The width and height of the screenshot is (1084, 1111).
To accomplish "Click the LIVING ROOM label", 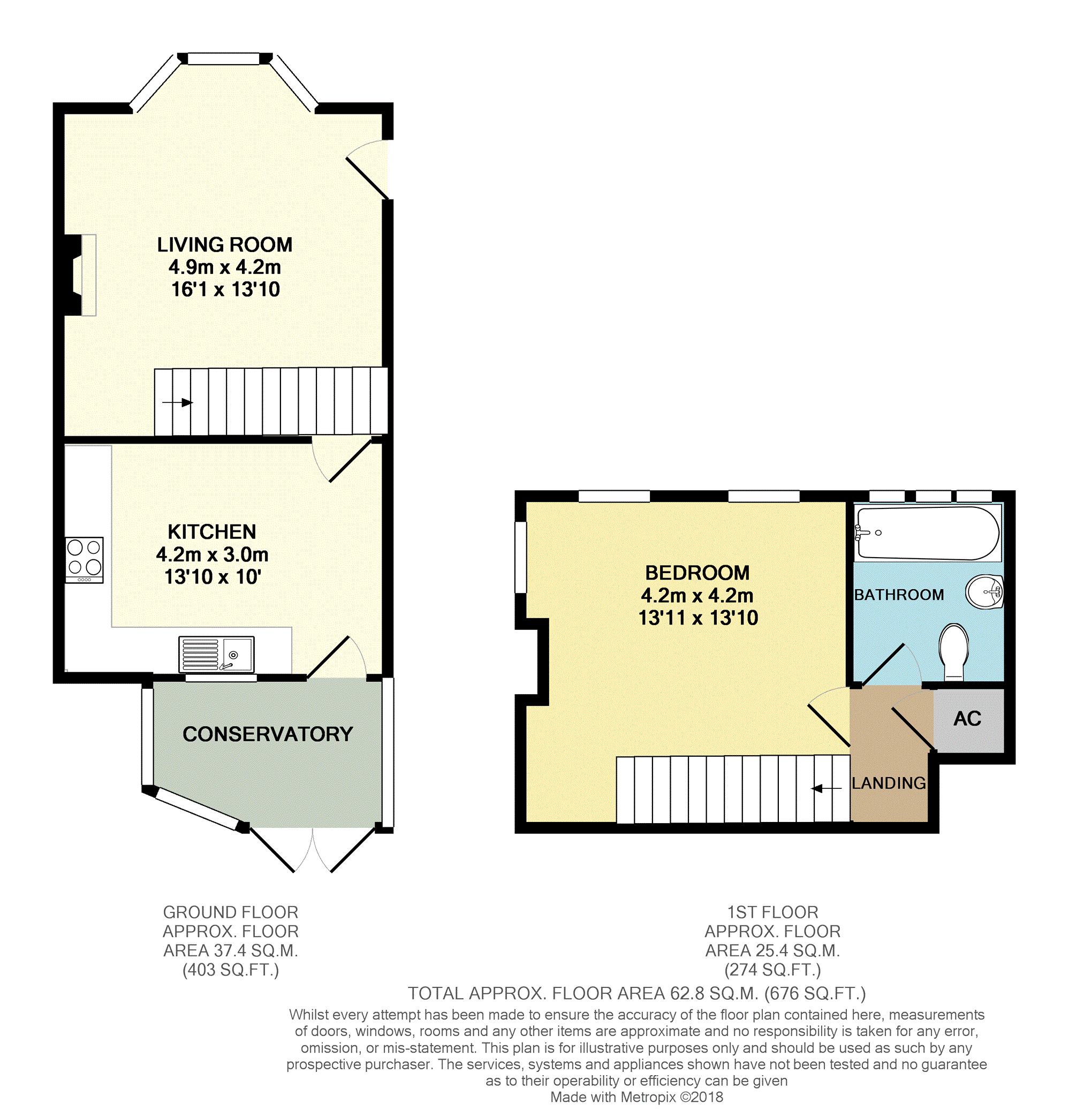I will pos(224,245).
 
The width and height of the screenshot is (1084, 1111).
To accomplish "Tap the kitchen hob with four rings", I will pos(84,559).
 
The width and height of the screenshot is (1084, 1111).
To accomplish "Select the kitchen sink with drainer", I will pos(216,654).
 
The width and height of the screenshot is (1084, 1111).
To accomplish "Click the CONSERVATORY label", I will pos(268,734).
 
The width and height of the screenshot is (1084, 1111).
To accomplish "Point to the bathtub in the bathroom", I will pos(928,532).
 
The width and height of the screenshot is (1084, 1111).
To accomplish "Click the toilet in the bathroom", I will pos(953,652).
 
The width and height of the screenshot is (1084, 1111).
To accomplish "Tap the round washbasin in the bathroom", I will pos(985,592).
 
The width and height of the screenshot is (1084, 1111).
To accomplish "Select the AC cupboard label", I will pos(967,719).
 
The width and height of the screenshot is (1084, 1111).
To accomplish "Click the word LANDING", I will pos(889,783).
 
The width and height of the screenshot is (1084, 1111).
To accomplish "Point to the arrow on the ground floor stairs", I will pos(178,402).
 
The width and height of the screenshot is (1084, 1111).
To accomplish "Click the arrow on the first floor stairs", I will pos(825,788).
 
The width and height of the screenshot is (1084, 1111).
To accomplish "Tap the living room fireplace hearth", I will pos(88,275).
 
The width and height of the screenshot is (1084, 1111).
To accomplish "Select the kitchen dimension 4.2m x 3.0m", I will pos(212,554).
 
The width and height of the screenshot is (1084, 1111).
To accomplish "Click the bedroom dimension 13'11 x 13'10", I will pos(698,618).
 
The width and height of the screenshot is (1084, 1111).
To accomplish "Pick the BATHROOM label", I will pos(899,595).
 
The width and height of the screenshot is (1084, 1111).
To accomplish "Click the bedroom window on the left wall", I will pos(520,557).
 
